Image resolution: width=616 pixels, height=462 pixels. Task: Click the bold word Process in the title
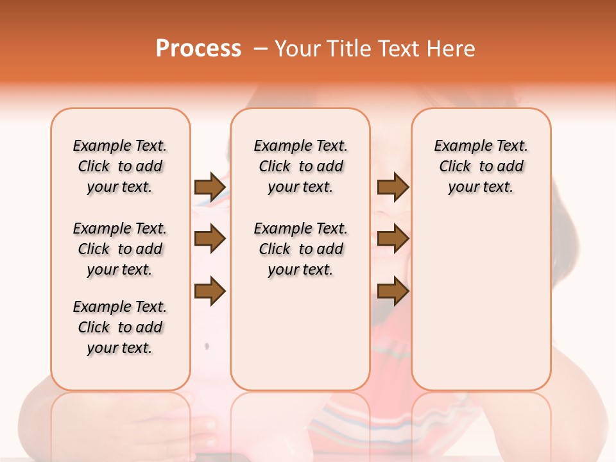[198, 49]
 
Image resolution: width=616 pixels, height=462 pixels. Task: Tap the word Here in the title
[452, 49]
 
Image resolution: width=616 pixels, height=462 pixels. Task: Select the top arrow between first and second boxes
[210, 187]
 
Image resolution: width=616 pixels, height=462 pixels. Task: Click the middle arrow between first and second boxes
[210, 239]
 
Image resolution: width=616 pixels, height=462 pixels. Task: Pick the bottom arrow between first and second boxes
[210, 291]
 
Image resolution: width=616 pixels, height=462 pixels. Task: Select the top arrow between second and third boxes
[393, 187]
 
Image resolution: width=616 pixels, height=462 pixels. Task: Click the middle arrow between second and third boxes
[393, 239]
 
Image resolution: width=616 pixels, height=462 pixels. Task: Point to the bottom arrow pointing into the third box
[393, 291]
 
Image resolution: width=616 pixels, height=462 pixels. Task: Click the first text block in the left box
[120, 166]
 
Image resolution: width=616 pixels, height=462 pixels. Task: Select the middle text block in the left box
[120, 249]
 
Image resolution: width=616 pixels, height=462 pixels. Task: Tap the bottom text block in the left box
[120, 327]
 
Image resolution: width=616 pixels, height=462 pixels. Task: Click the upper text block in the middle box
[300, 166]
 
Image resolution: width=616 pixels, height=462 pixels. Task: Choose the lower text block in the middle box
[300, 249]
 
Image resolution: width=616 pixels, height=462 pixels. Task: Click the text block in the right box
[481, 166]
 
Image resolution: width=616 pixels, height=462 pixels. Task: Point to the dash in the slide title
[261, 49]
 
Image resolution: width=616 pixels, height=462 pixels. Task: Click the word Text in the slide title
[400, 49]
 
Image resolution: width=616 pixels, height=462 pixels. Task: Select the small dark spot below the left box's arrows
[207, 346]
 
